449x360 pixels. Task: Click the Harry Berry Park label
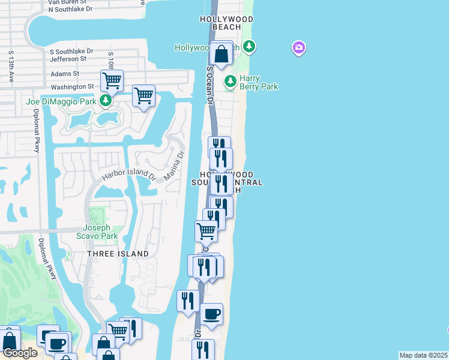tap(259, 82)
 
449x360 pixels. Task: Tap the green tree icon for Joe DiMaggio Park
tap(106, 100)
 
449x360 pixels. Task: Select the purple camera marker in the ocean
tap(298, 48)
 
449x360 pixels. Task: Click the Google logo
tap(20, 353)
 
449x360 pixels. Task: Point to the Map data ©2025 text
tap(423, 355)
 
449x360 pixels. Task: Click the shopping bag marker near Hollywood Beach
tap(221, 53)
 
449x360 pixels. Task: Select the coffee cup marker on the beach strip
tap(211, 314)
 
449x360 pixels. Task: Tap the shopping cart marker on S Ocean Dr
tap(206, 230)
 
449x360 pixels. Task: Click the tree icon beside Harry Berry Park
tap(229, 80)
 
